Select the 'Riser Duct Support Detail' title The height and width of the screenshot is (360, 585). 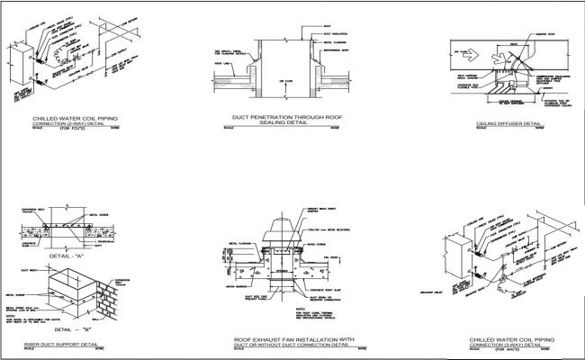pyautogui.click(x=55, y=343)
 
